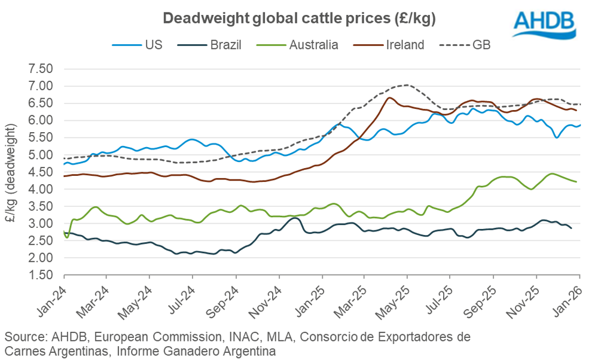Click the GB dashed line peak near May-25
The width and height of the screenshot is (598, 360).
pos(407,85)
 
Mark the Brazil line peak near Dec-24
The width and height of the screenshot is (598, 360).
pos(294,218)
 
